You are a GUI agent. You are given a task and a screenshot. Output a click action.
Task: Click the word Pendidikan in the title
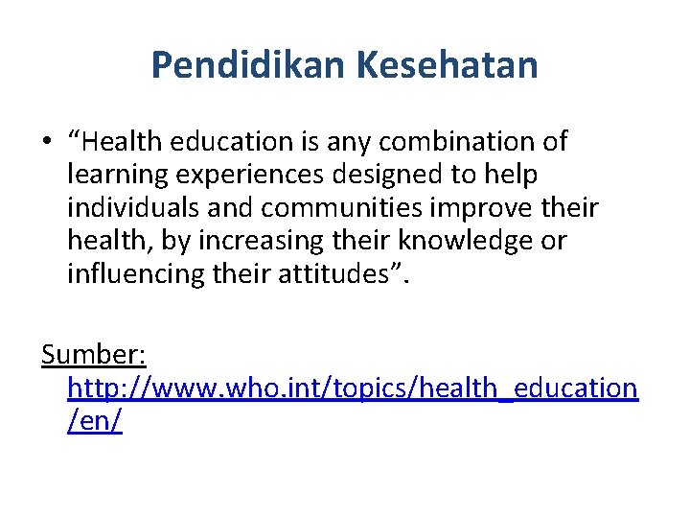250,65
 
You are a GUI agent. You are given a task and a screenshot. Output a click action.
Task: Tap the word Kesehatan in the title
448,65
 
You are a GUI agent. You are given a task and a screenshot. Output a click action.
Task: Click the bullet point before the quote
47,143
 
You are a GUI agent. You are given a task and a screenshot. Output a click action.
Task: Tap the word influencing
134,273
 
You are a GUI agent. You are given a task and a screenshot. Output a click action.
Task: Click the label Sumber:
94,354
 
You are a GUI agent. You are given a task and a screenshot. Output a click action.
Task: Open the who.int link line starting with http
353,388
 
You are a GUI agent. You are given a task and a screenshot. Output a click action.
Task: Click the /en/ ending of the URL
95,420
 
